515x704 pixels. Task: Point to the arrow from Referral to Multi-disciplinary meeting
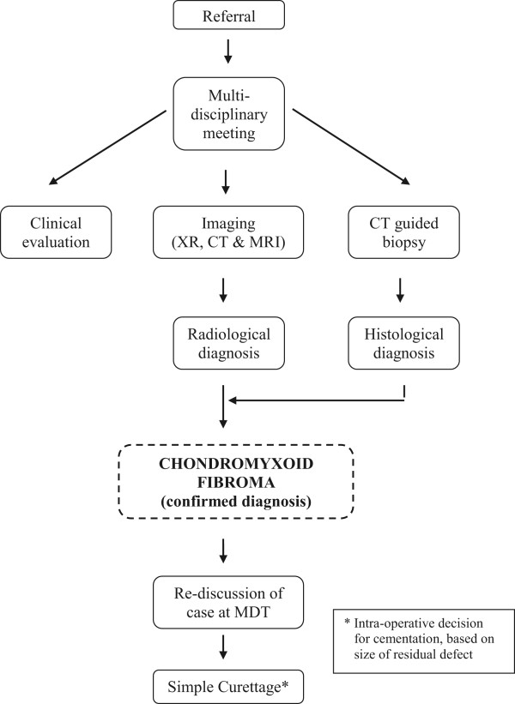click(227, 52)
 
